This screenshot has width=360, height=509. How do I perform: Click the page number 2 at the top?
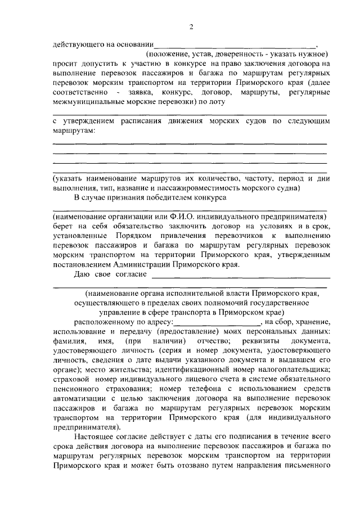coord(192,27)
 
